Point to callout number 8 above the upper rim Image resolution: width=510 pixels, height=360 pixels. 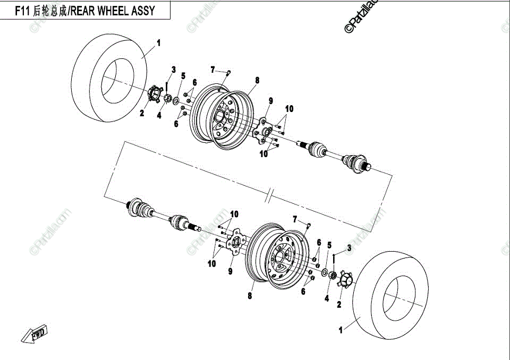tap(257, 80)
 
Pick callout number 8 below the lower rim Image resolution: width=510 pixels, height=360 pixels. tap(250, 296)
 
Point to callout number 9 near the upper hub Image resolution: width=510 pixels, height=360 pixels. tap(270, 101)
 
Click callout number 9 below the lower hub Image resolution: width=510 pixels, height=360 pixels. tap(231, 271)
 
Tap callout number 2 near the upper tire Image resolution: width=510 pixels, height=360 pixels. tap(142, 113)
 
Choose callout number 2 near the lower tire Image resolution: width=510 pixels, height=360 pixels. tap(339, 304)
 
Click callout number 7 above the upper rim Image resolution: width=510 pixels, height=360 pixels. tap(213, 70)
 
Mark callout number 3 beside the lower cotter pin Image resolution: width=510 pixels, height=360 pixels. tap(349, 247)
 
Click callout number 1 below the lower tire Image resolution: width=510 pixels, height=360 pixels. tap(340, 330)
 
